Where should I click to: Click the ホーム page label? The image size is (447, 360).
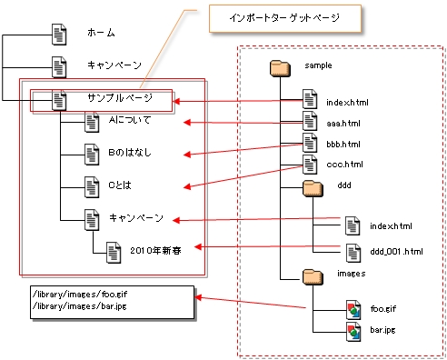pyautogui.click(x=101, y=34)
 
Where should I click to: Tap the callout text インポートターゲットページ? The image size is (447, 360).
pyautogui.click(x=273, y=17)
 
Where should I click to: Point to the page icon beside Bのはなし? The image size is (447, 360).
pyautogui.click(x=90, y=154)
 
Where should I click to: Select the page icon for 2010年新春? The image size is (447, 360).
pyautogui.click(x=112, y=248)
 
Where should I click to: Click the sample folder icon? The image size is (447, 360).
pyautogui.click(x=280, y=67)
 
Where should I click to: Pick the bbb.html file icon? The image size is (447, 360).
pyautogui.click(x=310, y=143)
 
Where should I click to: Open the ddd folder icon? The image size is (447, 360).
pyautogui.click(x=312, y=188)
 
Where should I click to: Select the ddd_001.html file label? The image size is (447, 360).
pyautogui.click(x=396, y=248)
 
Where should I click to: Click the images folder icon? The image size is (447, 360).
pyautogui.click(x=312, y=275)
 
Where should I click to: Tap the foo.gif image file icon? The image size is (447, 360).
pyautogui.click(x=353, y=309)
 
